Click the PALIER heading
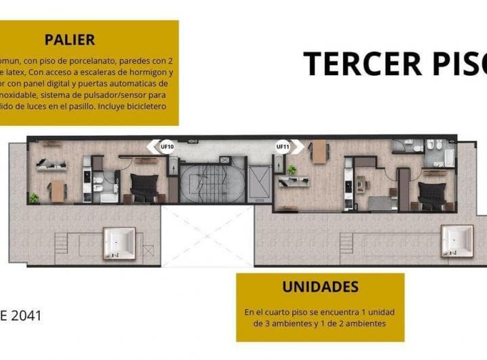70,39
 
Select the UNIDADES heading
320,287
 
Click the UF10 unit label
166,146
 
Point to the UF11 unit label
283,146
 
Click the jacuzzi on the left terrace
119,242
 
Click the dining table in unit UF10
57,192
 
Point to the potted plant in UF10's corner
34,198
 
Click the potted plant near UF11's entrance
292,169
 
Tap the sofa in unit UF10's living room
51,164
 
